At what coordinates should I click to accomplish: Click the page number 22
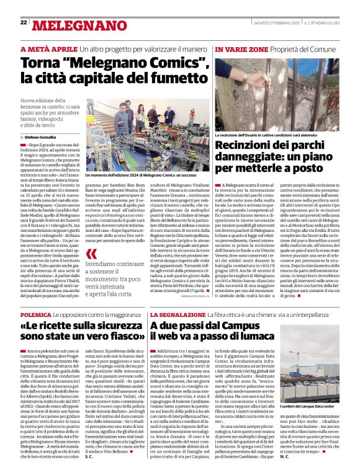tap(23, 22)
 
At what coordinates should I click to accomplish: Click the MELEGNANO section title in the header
tap(68, 25)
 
